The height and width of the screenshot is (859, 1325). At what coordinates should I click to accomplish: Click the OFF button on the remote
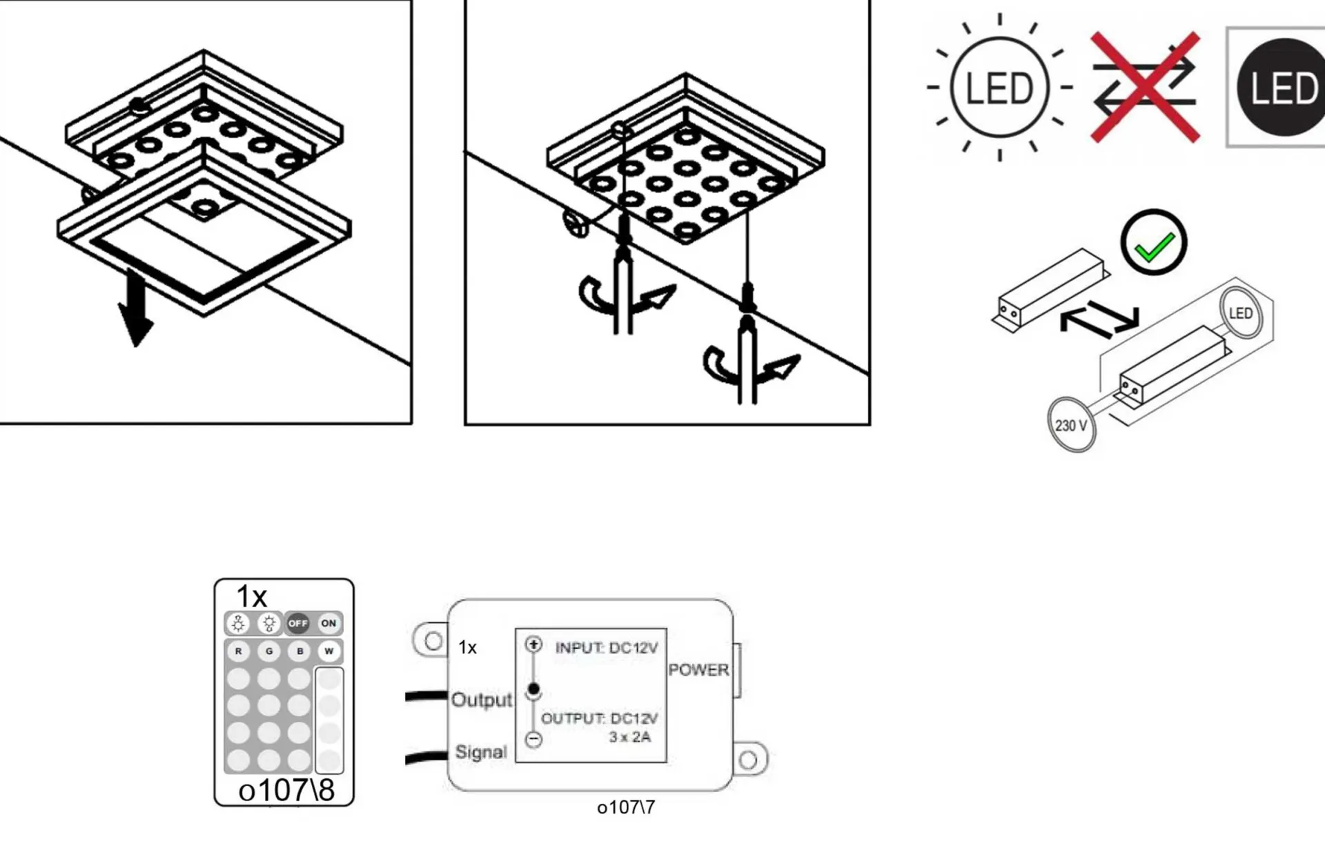coord(298,623)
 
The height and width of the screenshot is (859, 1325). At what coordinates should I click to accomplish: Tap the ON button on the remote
coord(328,623)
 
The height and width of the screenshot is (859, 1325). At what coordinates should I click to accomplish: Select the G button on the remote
coord(269,651)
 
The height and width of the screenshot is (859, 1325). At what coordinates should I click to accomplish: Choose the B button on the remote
coord(300,651)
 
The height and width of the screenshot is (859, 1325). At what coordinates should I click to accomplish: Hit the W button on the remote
coord(329,651)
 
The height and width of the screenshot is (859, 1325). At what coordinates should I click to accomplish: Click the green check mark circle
coord(1154,243)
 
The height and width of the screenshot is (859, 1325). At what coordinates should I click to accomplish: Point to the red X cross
coord(1146,87)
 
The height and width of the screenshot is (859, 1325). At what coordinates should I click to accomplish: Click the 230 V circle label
coord(1071,425)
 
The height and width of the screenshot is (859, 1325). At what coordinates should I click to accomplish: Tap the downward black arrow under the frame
coord(136,308)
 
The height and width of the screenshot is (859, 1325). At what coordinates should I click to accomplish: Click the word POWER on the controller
coord(698,670)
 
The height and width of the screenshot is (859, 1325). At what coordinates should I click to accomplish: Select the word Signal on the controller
coord(481,752)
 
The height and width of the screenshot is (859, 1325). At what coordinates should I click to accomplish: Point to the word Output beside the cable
coord(482,700)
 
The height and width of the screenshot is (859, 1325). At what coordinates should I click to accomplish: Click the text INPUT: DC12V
coord(607,648)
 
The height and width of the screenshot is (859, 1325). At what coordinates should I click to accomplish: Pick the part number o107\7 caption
coord(626,807)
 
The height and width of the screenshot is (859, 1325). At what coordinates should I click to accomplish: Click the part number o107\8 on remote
coord(286,790)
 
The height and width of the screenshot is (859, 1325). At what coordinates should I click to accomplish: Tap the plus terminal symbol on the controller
coord(533,644)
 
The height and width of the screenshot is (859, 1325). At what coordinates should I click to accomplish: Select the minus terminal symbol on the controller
coord(533,740)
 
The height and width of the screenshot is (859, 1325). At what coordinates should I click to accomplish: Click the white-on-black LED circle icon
coord(1282,88)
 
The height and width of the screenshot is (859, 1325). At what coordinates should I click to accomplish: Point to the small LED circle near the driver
coord(1241,313)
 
